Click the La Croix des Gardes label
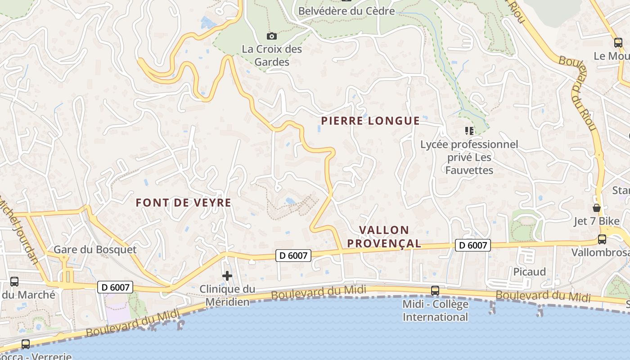[272, 55]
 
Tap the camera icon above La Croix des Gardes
[272, 36]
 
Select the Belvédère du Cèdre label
[346, 11]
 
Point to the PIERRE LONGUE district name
[370, 121]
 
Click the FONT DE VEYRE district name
[184, 202]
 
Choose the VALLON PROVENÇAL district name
[390, 237]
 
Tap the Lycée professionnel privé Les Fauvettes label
[469, 157]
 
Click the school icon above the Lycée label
[469, 131]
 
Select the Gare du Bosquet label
[95, 249]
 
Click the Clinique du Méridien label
[227, 295]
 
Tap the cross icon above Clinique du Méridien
[227, 275]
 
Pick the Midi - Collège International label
[435, 310]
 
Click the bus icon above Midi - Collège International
[435, 290]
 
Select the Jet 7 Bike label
[597, 221]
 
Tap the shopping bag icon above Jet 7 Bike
[597, 207]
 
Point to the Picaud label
[530, 272]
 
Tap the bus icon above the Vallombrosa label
[602, 239]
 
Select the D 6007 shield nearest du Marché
[115, 287]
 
